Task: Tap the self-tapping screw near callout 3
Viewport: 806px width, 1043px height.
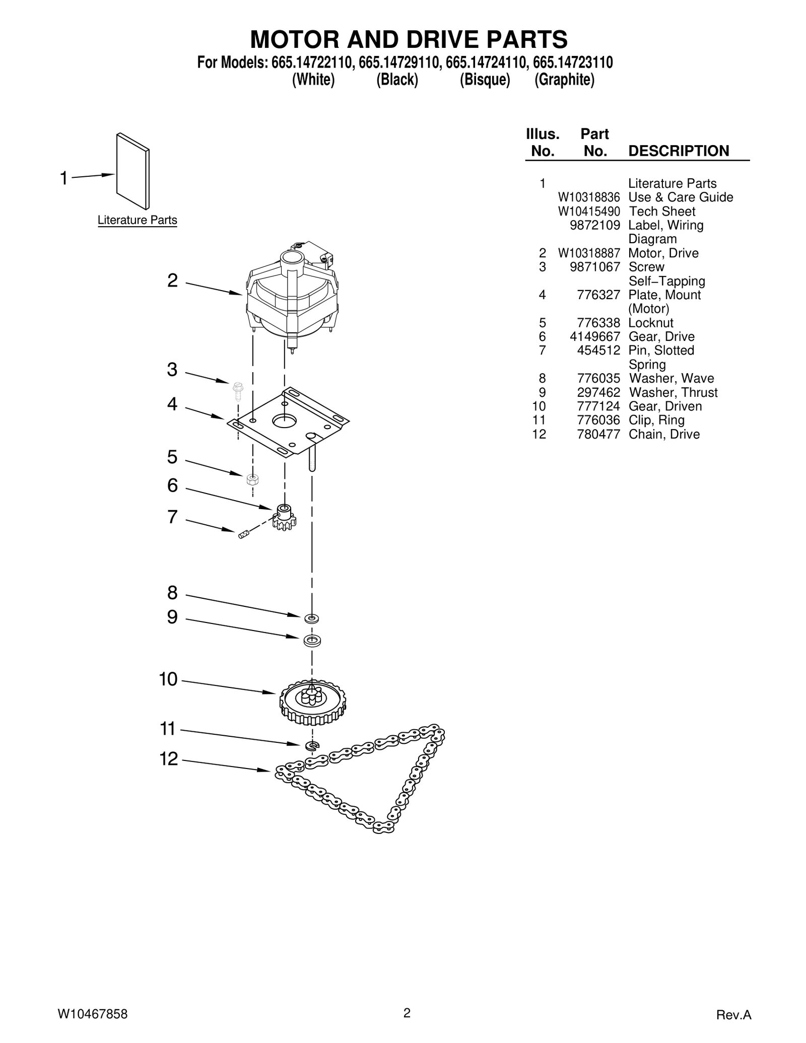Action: click(238, 390)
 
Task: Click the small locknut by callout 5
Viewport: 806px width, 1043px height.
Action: click(253, 479)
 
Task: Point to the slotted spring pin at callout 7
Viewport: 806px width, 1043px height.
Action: click(244, 534)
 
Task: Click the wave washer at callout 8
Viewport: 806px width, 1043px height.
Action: click(312, 618)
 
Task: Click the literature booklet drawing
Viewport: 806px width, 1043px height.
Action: click(133, 171)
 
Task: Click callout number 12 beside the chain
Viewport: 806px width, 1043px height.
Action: click(169, 759)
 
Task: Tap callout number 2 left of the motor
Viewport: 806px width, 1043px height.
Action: click(172, 281)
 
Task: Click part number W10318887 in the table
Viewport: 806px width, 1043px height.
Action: click(588, 253)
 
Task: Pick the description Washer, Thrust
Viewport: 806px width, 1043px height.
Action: click(673, 393)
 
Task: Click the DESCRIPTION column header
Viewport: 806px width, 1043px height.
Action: click(679, 151)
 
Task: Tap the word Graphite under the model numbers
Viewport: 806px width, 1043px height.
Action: click(564, 80)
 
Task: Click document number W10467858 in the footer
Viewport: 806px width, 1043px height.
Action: click(93, 1014)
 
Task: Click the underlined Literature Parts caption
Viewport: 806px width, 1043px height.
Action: click(137, 220)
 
